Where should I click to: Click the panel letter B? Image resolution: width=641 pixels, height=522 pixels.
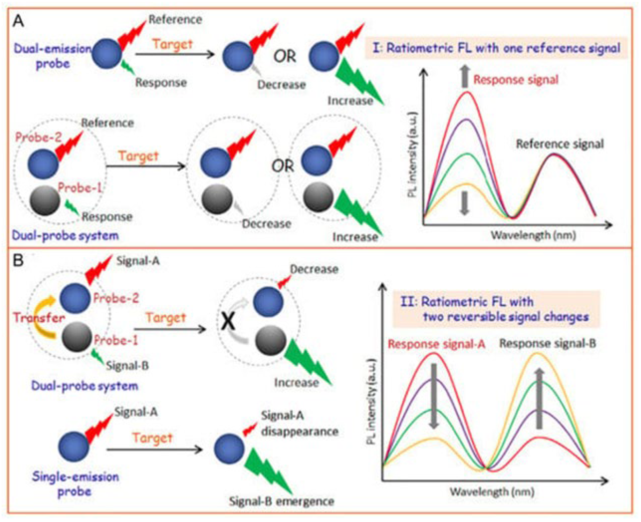18,261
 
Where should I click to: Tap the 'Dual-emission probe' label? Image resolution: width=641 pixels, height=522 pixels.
53,56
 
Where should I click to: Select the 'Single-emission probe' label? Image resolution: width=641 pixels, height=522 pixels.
75,484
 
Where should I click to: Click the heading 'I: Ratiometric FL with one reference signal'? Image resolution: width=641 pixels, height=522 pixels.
496,48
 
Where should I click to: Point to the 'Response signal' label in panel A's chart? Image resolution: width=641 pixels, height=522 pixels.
516,80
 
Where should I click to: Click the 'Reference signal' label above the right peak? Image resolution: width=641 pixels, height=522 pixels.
560,144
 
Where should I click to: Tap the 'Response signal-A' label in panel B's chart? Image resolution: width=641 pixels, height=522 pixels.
436,344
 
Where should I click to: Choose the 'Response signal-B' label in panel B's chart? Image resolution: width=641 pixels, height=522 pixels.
548,343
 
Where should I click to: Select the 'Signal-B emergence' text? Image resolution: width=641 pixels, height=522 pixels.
282,501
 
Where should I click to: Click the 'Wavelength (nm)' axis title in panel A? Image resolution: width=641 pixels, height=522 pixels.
533,235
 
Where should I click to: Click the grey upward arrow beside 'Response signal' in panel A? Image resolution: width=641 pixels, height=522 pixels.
465,76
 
